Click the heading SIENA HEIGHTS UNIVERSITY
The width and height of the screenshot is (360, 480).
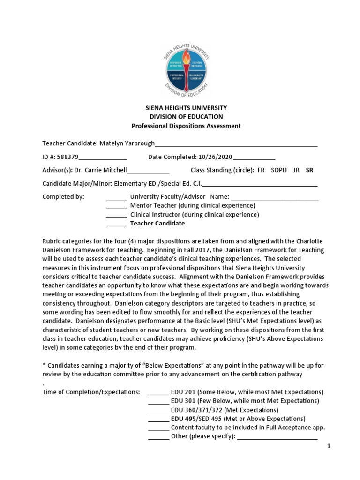(x=187, y=108)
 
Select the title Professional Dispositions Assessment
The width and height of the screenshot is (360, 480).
(x=186, y=126)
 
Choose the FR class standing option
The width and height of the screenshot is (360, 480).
(x=261, y=170)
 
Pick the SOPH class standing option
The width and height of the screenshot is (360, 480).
(x=279, y=170)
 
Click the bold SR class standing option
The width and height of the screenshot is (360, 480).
(x=309, y=170)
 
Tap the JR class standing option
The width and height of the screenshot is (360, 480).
(x=296, y=170)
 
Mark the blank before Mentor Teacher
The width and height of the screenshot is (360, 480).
(x=116, y=206)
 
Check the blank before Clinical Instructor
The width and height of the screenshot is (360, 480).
(x=116, y=215)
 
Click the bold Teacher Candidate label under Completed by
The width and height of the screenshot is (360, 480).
(x=157, y=224)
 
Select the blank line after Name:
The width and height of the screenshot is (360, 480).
(x=275, y=197)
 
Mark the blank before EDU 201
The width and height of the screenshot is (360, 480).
(x=158, y=392)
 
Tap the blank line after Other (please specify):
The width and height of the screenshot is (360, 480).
(x=277, y=436)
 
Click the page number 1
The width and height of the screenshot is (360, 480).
(x=329, y=446)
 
